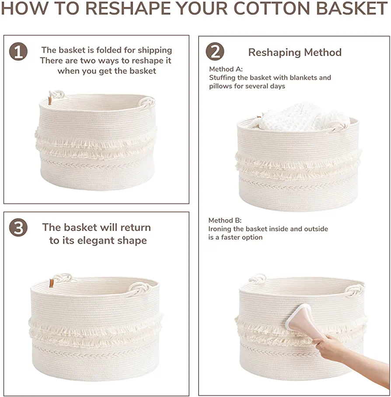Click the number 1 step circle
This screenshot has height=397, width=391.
point(18,52)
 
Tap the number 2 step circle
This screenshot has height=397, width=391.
point(215,52)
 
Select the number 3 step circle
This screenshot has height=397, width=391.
point(18,227)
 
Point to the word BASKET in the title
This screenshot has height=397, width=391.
point(352,8)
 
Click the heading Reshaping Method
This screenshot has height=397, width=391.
point(295,52)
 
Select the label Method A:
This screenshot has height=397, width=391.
point(226,69)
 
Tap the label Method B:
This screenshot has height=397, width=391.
point(225,220)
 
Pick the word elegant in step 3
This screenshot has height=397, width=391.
point(94,240)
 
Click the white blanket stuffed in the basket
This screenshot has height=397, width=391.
point(304,117)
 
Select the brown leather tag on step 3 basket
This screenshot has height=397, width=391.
point(52,283)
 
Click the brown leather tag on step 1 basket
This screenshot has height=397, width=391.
point(50,101)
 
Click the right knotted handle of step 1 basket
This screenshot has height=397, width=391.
point(146,103)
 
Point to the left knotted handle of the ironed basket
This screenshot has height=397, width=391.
point(258,278)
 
